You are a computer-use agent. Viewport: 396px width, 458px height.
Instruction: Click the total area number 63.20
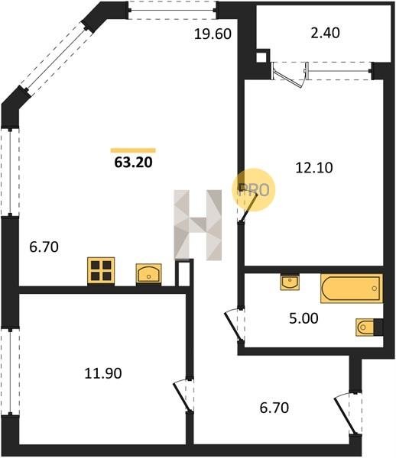click(x=133, y=163)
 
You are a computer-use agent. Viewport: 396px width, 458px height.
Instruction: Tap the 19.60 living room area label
click(x=213, y=34)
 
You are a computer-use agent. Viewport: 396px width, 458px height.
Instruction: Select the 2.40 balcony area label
click(x=325, y=33)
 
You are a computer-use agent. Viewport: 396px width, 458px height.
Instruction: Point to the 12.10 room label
click(x=314, y=168)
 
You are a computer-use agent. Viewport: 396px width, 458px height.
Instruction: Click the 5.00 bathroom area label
click(x=303, y=318)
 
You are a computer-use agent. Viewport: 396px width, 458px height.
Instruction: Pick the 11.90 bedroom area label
click(x=103, y=373)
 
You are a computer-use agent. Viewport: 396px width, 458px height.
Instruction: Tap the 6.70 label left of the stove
click(x=44, y=247)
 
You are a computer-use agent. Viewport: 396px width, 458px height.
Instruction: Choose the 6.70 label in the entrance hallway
click(x=274, y=408)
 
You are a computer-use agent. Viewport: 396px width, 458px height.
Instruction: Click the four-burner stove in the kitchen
click(x=101, y=270)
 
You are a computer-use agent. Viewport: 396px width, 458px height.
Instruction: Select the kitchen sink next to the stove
click(x=148, y=273)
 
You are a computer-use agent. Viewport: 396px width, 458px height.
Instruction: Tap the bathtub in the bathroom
click(x=352, y=289)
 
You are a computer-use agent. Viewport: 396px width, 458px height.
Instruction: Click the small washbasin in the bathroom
click(x=290, y=282)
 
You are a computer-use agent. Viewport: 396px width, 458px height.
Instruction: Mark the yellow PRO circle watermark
click(x=254, y=189)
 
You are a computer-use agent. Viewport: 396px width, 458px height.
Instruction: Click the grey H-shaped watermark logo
click(x=198, y=225)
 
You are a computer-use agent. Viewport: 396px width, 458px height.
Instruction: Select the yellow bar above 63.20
click(x=133, y=150)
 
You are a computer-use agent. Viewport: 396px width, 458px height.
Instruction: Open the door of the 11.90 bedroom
click(x=183, y=396)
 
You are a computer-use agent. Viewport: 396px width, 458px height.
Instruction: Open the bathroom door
click(x=235, y=325)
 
